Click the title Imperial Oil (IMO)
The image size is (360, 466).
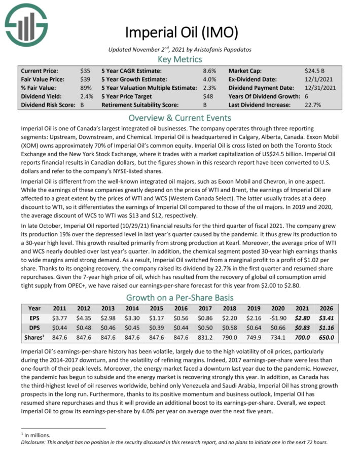[x=179, y=32]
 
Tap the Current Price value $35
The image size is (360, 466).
[x=85, y=71]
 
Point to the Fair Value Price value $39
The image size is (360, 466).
[x=85, y=80]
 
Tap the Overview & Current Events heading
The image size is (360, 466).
[x=179, y=118]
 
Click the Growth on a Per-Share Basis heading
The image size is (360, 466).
[x=179, y=297]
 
